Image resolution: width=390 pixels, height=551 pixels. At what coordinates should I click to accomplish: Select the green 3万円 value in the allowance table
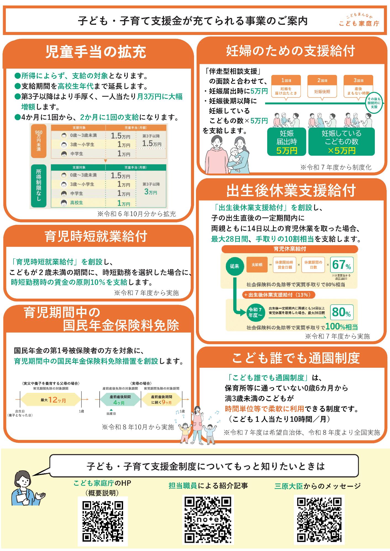click(151, 192)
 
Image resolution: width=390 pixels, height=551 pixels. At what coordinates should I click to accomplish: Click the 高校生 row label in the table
click(76, 203)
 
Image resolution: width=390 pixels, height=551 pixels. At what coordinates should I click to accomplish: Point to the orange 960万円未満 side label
click(38, 141)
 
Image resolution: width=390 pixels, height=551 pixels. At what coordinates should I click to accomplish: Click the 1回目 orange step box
click(286, 86)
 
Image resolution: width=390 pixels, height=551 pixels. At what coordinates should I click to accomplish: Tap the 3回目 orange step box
click(358, 86)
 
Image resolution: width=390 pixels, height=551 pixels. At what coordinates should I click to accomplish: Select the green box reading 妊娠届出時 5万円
click(286, 142)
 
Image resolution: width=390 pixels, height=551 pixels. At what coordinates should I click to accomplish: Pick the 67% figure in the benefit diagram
click(341, 265)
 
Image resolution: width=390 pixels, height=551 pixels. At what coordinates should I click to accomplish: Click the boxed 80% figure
click(341, 312)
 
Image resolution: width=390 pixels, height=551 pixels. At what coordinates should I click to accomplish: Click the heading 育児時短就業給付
click(96, 236)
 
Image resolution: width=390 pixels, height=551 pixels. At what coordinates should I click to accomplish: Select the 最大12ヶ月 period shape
click(51, 400)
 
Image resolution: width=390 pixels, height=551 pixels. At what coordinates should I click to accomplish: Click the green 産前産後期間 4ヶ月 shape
click(120, 400)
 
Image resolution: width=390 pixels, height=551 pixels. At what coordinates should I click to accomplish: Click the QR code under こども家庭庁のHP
click(103, 521)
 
